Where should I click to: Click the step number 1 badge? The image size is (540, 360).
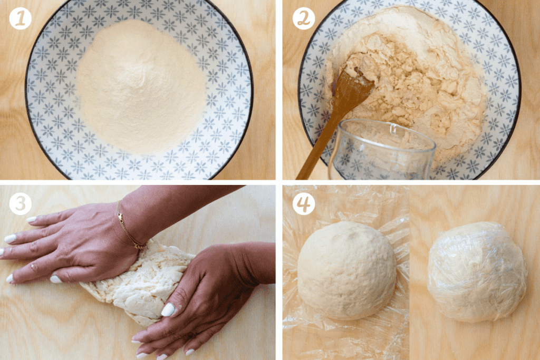[x=21, y=19]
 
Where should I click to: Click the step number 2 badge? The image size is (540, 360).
[x=304, y=19]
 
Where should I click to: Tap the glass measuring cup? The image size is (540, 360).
[x=382, y=150]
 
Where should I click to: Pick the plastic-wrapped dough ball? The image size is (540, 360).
[x=477, y=271]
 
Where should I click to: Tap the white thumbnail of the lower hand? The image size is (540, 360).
[x=168, y=310]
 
